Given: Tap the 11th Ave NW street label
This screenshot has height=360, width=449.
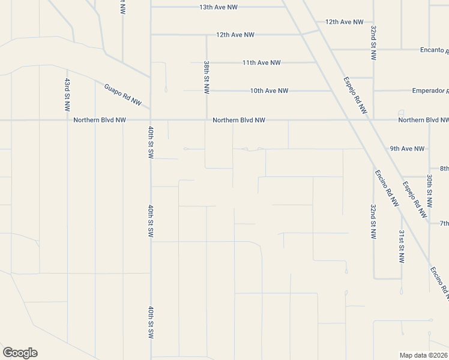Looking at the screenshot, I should (x=262, y=62).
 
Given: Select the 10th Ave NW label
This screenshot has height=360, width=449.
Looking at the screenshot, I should (x=270, y=91).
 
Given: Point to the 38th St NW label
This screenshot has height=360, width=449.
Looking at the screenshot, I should (x=206, y=77).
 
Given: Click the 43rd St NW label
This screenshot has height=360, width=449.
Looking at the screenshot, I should (x=67, y=94).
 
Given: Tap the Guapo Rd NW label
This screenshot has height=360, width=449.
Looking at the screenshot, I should (x=122, y=95).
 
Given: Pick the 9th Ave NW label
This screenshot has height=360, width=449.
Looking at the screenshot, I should (x=407, y=148).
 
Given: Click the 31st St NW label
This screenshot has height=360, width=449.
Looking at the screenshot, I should (x=402, y=247).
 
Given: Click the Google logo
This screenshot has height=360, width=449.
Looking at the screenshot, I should (x=20, y=353).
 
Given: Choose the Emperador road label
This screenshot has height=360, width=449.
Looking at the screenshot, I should (x=430, y=91).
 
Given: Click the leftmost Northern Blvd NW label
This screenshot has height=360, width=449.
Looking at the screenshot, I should (x=100, y=120).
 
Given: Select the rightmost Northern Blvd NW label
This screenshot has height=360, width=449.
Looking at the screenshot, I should (x=423, y=120).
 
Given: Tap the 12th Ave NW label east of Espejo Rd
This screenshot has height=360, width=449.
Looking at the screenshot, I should (x=345, y=22).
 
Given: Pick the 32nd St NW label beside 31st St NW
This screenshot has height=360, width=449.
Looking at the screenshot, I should (x=373, y=222).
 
